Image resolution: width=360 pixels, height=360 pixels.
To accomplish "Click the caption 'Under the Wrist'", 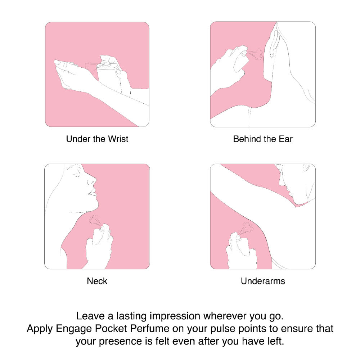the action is (97, 139).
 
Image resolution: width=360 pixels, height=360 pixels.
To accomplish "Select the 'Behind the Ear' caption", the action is (263, 139).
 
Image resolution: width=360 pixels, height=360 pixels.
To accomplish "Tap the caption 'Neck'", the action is (97, 281).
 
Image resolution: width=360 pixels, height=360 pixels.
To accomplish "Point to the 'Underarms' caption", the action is (263, 281).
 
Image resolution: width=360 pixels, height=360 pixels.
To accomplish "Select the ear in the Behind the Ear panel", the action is (274, 42).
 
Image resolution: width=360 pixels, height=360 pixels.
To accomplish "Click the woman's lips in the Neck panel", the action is (93, 192).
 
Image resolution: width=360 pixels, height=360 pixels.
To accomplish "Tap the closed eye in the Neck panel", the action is (76, 174).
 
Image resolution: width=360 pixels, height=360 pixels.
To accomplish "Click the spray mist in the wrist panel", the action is (91, 65).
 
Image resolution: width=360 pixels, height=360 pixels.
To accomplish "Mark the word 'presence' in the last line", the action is (121, 342).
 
